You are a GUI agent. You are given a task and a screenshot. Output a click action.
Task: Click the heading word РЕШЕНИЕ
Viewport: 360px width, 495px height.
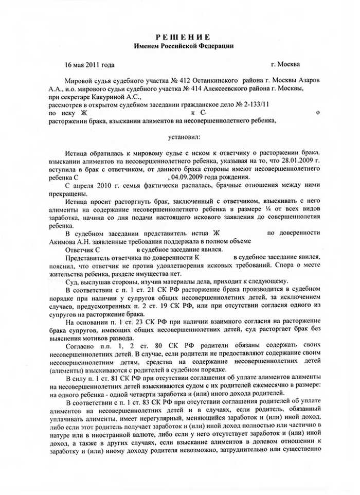(183, 37)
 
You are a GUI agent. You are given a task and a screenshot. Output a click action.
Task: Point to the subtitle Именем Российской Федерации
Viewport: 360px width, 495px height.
(183, 46)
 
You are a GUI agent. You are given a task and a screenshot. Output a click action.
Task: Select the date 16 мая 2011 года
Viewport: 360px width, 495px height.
(90, 65)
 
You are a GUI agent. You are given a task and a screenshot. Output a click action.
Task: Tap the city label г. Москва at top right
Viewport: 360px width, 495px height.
(286, 65)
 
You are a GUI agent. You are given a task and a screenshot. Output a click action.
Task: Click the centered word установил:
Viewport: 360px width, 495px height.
(186, 137)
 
